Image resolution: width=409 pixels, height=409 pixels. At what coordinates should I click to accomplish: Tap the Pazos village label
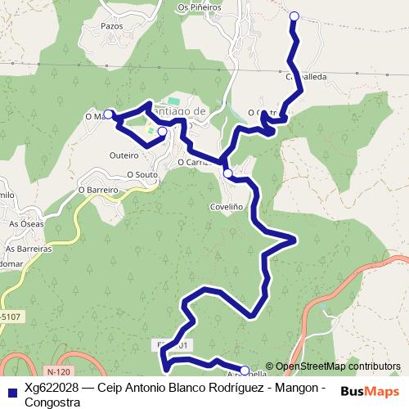pos(111,26)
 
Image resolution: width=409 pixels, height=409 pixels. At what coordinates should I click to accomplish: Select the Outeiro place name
pos(124,154)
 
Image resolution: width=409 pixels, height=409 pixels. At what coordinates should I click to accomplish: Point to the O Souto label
pos(142,174)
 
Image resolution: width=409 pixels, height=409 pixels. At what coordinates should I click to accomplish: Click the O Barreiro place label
pos(98,189)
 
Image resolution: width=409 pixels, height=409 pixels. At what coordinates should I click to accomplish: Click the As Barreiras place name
pos(29,248)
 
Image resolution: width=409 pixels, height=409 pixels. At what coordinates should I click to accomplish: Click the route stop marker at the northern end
pos(294,16)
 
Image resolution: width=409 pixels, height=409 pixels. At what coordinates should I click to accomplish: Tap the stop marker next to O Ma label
pos(108,114)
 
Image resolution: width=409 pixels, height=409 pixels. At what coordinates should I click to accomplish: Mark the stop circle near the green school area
pos(162,131)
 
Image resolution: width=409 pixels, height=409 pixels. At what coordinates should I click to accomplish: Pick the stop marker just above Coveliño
pos(227,173)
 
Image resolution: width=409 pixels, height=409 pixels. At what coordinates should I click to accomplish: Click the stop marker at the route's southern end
pos(244,371)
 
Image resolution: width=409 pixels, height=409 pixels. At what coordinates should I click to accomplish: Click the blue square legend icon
pos(11,390)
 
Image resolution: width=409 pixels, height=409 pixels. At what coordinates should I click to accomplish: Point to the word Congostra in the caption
pos(52,402)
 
